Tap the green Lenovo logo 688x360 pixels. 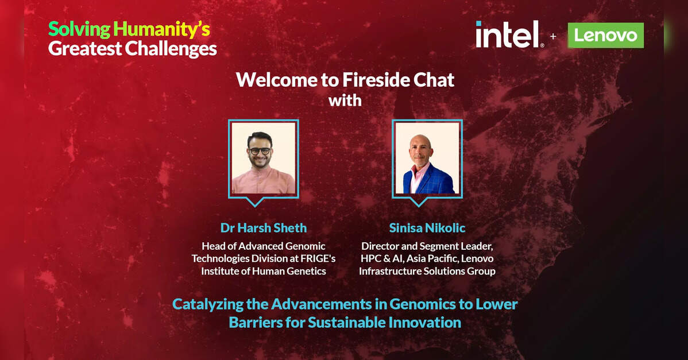click(x=605, y=35)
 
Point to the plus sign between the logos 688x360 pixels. click(x=553, y=36)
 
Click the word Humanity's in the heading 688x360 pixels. click(x=161, y=30)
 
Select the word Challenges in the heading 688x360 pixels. click(x=171, y=49)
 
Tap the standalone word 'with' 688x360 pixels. click(x=345, y=101)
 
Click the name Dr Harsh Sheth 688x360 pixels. click(x=263, y=228)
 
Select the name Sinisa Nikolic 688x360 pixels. click(x=427, y=228)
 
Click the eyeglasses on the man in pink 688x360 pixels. click(x=260, y=151)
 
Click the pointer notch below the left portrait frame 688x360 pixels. click(x=255, y=202)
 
